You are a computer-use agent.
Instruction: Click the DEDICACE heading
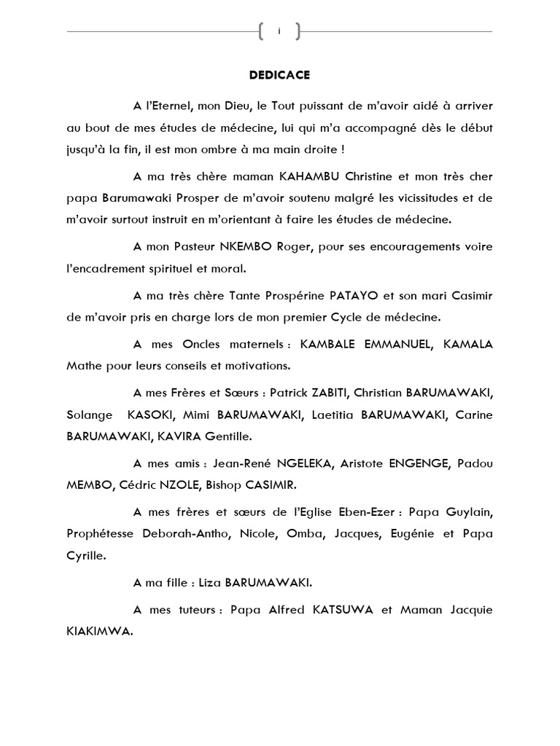tap(279, 74)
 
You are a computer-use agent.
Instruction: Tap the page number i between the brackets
tap(279, 31)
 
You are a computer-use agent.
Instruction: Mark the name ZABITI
tap(331, 393)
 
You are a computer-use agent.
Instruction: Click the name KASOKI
tap(152, 415)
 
